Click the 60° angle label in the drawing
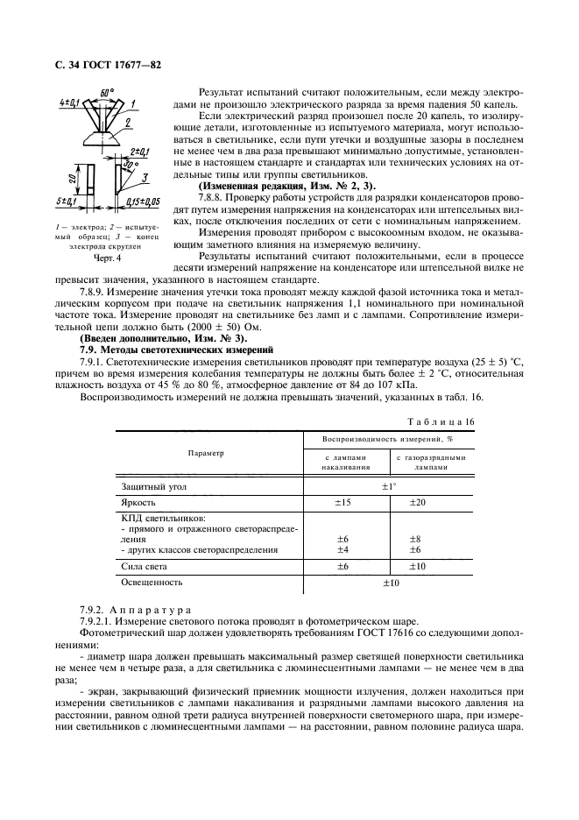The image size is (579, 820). tap(107, 91)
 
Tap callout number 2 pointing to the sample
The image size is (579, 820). tap(128, 124)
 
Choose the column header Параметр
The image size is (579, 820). tap(207, 453)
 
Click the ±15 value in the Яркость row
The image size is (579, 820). tap(344, 503)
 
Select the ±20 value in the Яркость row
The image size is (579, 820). tap(419, 503)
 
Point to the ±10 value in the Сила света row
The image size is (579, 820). tap(419, 567)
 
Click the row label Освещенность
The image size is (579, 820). tap(152, 582)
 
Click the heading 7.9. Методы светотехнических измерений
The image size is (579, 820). tap(165, 349)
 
